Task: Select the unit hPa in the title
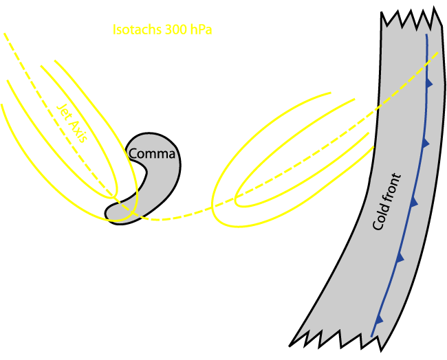pos(201,30)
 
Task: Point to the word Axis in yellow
pos(77,131)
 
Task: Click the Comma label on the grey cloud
pos(152,154)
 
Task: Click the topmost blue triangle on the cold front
pos(429,83)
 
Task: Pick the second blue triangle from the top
pos(426,144)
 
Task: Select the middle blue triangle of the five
pos(414,203)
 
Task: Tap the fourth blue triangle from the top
pos(400,258)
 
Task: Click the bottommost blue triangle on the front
pos(379,320)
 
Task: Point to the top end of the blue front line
pos(426,35)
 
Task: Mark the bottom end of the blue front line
pos(371,337)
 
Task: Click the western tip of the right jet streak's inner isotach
pos(235,200)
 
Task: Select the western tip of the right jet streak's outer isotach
pos(212,205)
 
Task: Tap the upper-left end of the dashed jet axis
pos(4,34)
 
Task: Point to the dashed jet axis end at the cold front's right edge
pos(438,53)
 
